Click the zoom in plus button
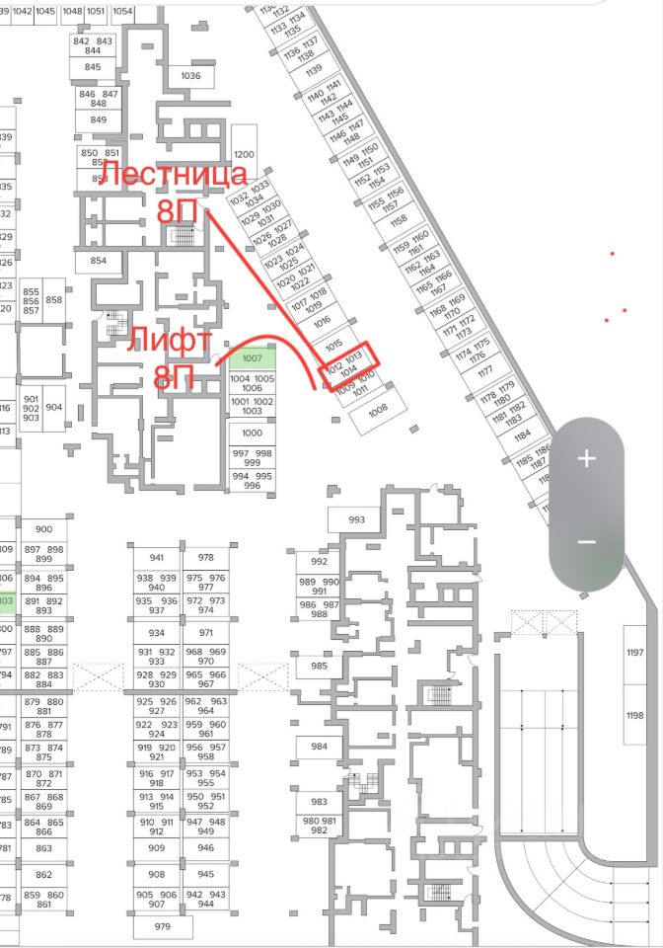586,458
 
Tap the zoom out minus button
586,542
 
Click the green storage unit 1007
252,357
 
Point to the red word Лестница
174,175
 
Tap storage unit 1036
190,76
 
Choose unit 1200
245,155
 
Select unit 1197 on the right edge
634,653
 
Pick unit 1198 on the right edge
634,715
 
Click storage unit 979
163,926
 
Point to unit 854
98,261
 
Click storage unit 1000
252,433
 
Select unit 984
319,747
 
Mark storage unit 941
158,557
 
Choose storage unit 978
206,557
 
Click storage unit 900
43,529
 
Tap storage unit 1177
484,372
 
